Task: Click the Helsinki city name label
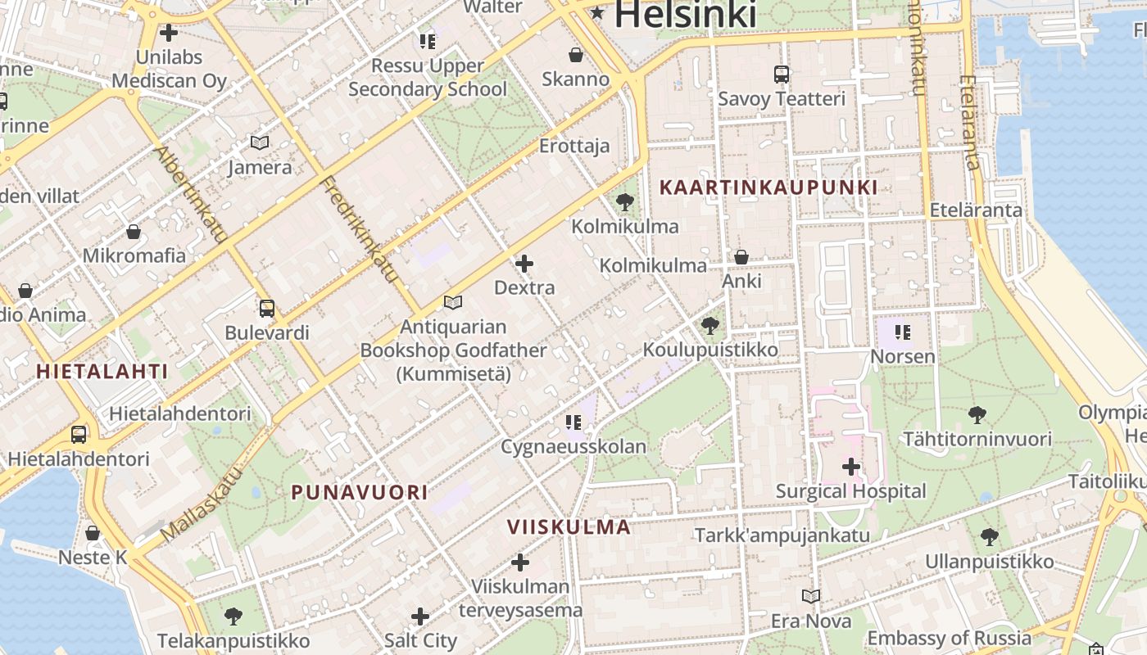click(x=684, y=14)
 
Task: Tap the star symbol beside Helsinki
click(x=597, y=12)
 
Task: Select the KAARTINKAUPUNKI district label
click(x=768, y=187)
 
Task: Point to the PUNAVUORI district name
click(x=360, y=492)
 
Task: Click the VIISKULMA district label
click(x=569, y=526)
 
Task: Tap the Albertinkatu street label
click(x=190, y=194)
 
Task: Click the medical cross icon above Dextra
click(x=524, y=264)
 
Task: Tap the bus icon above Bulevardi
click(x=267, y=309)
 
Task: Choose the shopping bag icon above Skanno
click(x=576, y=55)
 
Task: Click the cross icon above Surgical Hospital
click(x=851, y=468)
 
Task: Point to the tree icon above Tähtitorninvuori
click(x=977, y=414)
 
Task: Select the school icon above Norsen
click(x=903, y=332)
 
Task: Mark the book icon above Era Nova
click(x=811, y=596)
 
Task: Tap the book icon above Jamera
click(x=260, y=142)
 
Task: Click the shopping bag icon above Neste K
click(x=93, y=533)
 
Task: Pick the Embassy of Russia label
click(x=950, y=638)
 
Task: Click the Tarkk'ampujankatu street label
click(x=782, y=535)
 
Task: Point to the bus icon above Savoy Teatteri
click(x=782, y=75)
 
